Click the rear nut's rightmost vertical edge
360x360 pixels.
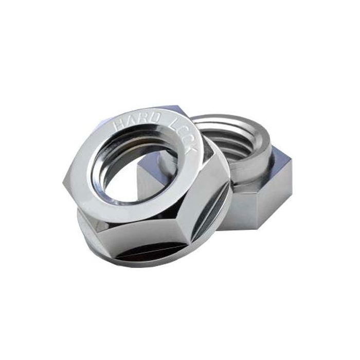(291, 185)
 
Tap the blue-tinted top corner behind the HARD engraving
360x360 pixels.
(167, 109)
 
